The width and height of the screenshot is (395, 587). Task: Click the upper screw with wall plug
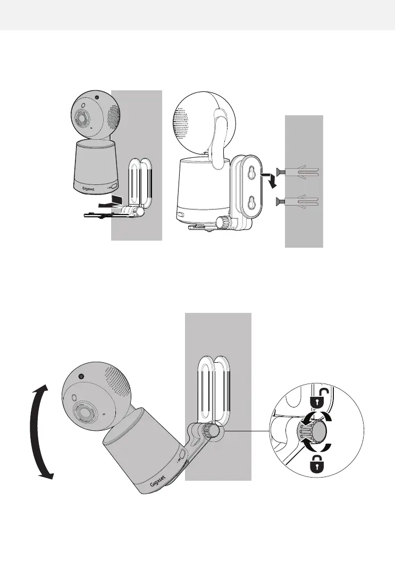tap(298, 171)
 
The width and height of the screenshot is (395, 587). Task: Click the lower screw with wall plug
tap(298, 201)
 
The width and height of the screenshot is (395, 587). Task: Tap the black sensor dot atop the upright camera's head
tap(97, 98)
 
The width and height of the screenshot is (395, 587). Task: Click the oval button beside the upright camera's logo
tap(112, 186)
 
